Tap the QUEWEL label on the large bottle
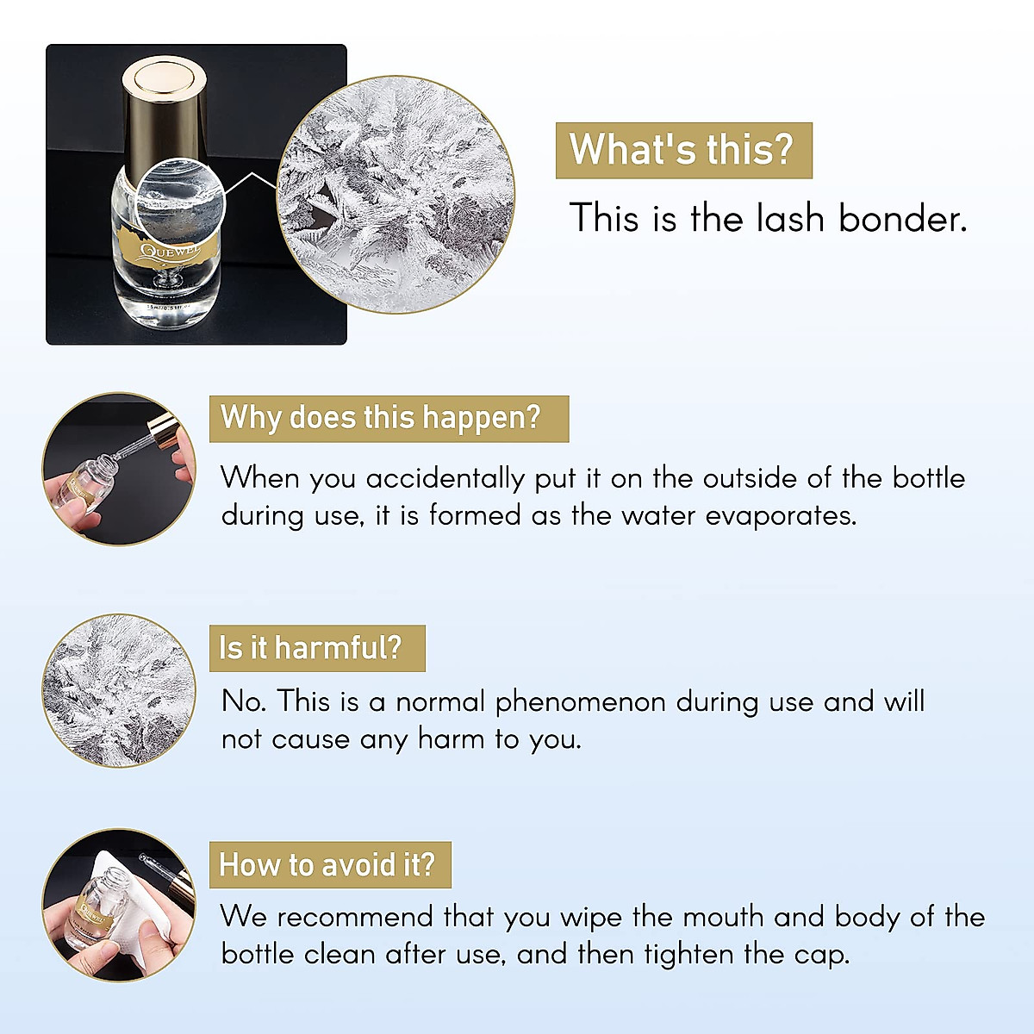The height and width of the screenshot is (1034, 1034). coord(170,252)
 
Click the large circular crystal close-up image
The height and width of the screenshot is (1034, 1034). coord(396,195)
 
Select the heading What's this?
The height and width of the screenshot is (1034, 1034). coord(682,150)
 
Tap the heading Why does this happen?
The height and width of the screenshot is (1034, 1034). coord(381,418)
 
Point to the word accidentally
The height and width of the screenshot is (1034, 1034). coord(445,478)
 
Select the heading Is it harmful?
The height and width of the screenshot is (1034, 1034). coord(310,648)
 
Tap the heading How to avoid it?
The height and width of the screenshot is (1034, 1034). coord(327,865)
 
